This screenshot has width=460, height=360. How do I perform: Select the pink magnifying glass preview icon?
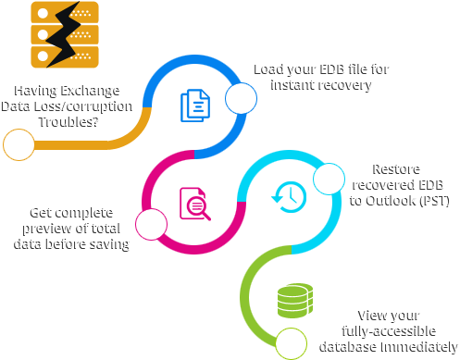194,203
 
